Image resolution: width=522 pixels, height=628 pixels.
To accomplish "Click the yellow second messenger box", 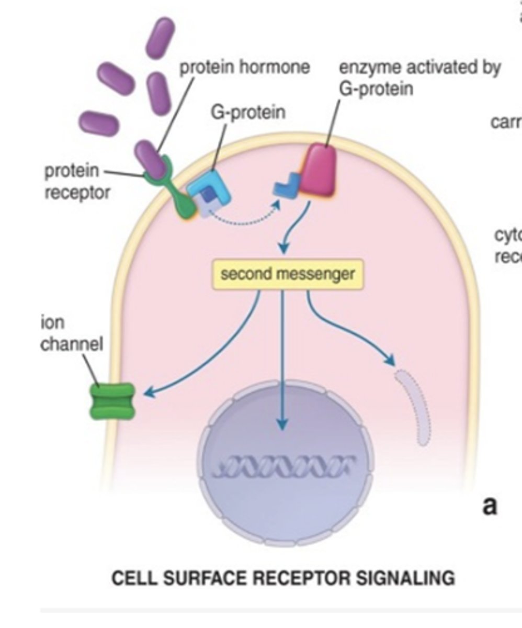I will click(287, 274).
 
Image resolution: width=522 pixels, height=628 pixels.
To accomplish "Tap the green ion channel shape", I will click(112, 401).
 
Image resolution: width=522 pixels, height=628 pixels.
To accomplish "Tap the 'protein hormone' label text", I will click(245, 68).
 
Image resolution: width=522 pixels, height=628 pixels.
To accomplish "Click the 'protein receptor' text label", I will click(77, 182).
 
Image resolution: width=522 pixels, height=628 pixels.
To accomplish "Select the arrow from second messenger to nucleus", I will click(282, 361).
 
